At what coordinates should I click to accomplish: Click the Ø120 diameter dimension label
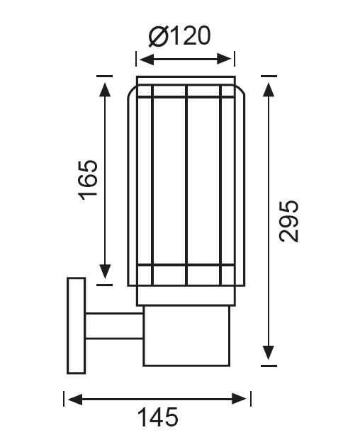tap(181, 35)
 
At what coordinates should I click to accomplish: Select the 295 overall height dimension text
tap(289, 220)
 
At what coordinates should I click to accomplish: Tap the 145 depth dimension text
tap(157, 417)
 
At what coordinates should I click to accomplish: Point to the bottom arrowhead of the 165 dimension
tap(105, 272)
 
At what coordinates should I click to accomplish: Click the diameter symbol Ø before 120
tap(158, 35)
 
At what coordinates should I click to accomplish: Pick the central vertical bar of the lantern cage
tap(186, 184)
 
